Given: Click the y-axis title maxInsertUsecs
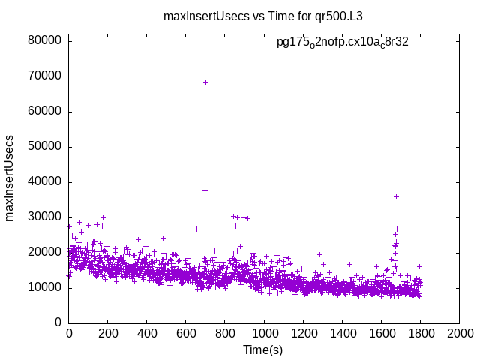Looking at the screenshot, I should tap(10, 178).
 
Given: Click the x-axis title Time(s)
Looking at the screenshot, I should tap(263, 349).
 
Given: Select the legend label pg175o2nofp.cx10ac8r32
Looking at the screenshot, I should tap(342, 43).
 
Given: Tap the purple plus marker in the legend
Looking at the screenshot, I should tap(430, 43).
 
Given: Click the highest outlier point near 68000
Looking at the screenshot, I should tap(205, 82).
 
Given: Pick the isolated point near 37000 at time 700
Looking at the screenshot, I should tap(205, 190).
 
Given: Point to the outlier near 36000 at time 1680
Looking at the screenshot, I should tap(396, 196).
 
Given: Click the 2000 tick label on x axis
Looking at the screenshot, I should tap(459, 334).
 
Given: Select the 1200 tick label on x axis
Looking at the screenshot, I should tap(303, 334).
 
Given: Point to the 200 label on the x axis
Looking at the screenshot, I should tap(108, 334).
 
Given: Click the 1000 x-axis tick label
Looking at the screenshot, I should tap(264, 334).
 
